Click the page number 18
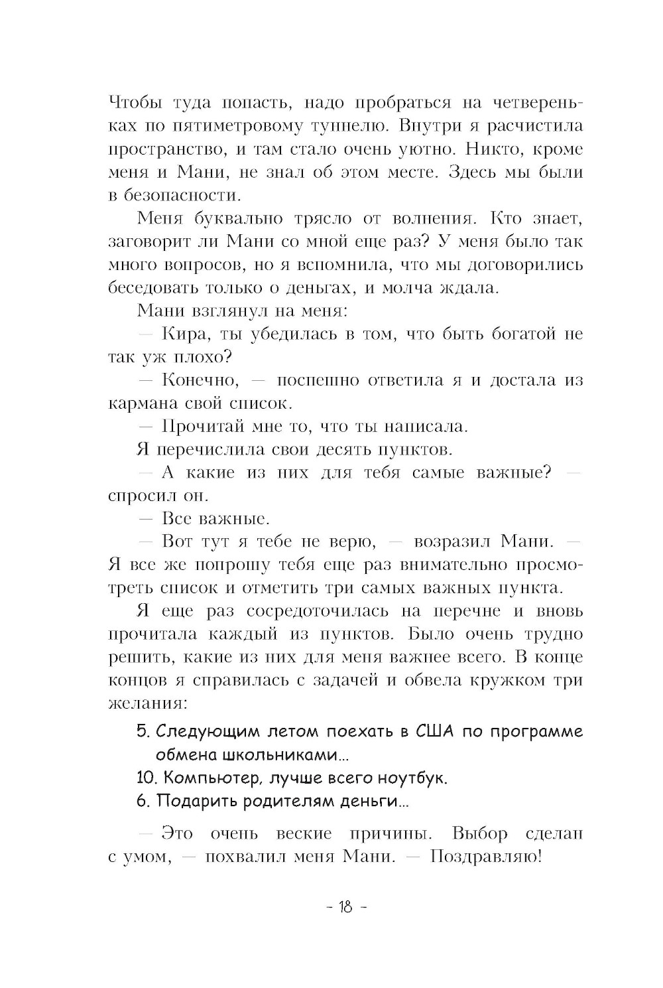[345, 907]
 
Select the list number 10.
[146, 778]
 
